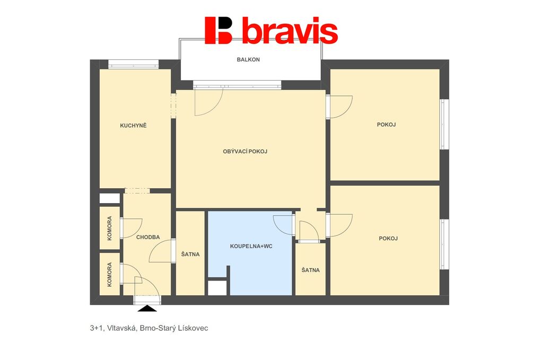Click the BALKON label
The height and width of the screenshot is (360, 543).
tap(248, 59)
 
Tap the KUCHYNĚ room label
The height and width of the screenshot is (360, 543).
tap(133, 125)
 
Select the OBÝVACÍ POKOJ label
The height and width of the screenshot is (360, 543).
tap(245, 151)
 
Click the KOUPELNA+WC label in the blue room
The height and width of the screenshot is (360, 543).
tap(251, 247)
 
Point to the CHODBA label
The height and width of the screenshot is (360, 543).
tap(148, 237)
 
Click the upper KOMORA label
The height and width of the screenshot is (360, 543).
tap(109, 229)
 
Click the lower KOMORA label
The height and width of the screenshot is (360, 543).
tap(109, 275)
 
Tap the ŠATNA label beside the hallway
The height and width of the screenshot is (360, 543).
tap(190, 254)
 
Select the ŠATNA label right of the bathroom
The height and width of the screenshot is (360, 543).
tap(311, 270)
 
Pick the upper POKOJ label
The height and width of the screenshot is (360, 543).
tap(386, 125)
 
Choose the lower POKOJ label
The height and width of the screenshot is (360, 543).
tap(388, 239)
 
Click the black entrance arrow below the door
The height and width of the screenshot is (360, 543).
tap(147, 309)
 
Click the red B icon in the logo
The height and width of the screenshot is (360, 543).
tap(218, 30)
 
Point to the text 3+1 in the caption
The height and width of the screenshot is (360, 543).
tap(96, 328)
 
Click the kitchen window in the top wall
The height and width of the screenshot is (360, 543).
tap(133, 64)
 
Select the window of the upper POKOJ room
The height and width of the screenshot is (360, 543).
tap(444, 125)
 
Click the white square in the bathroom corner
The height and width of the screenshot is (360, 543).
tap(217, 287)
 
